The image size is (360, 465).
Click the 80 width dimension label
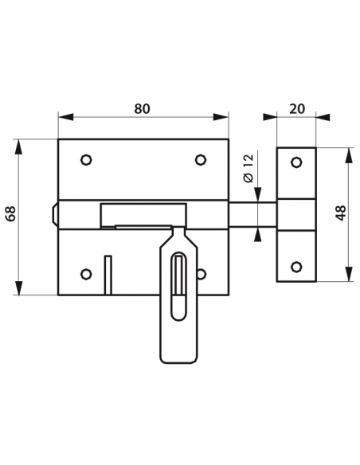142,109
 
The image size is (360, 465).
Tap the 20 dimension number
297,109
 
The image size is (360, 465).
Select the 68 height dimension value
11,213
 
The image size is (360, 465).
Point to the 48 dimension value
342,213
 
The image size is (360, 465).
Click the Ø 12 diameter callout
248,168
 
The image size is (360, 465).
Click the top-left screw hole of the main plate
86,160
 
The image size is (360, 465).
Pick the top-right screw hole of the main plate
201,160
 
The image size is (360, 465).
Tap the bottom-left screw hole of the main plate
86,274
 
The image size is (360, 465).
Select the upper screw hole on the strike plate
296,162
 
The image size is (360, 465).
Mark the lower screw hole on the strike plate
296,267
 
